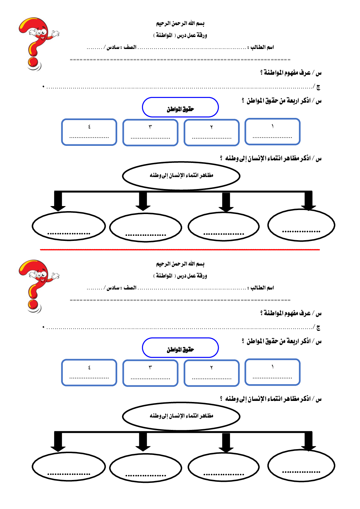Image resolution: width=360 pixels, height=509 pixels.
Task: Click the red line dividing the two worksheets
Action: point(180,250)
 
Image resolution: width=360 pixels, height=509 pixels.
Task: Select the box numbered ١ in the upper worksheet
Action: point(273,131)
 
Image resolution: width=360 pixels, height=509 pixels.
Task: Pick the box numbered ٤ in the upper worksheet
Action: point(89,132)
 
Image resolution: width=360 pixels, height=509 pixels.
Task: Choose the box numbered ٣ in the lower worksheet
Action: point(150,373)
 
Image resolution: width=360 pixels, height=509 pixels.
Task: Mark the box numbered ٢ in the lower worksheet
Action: point(212,373)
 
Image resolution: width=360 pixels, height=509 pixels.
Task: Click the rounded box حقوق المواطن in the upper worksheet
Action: point(180,107)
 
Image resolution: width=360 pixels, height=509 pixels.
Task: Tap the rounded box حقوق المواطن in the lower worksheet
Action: point(180,348)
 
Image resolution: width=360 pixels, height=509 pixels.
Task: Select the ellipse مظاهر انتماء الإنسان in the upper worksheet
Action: point(181,176)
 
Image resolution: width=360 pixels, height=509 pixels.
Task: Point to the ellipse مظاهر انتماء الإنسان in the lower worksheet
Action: point(181,416)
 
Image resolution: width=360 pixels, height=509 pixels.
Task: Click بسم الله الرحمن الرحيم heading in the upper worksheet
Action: point(180,24)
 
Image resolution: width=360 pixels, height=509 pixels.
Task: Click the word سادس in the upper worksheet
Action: point(113,47)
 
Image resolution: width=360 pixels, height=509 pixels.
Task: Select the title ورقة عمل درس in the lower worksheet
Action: point(192,276)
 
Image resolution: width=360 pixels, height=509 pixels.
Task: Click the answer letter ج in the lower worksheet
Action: point(318,328)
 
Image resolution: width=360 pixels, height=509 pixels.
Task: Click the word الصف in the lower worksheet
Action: point(130,288)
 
